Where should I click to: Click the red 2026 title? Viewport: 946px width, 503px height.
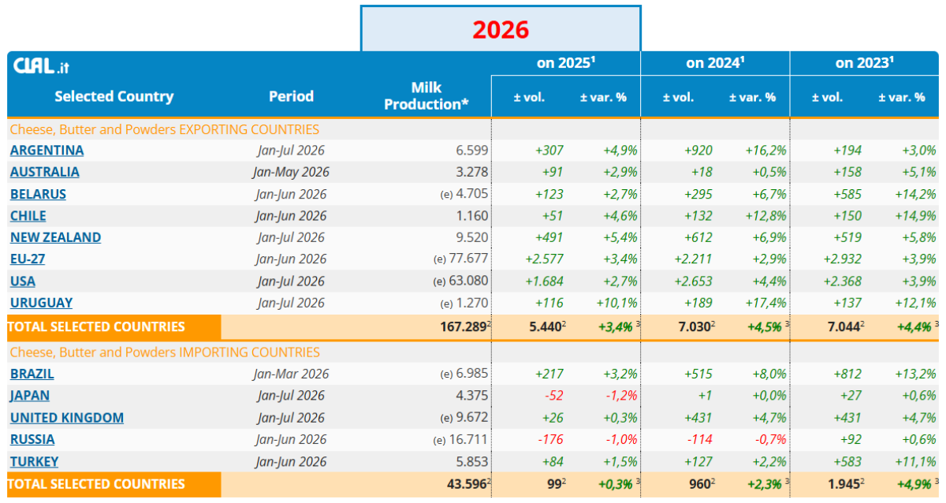click(501, 29)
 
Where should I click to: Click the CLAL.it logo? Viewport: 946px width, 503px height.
click(41, 66)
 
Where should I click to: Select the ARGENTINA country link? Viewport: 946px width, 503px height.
click(47, 151)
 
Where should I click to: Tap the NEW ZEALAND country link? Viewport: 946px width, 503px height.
click(55, 237)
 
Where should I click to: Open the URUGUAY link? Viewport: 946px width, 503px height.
click(41, 303)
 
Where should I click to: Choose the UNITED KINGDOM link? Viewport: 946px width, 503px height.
click(67, 418)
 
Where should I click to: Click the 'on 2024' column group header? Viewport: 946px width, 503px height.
click(715, 63)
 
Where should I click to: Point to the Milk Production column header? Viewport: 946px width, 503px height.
click(426, 96)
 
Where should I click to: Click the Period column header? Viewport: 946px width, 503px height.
click(292, 96)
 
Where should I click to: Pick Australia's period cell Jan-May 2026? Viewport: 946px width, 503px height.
click(291, 173)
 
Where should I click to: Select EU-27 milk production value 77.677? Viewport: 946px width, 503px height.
click(468, 259)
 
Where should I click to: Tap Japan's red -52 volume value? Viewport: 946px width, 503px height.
click(553, 396)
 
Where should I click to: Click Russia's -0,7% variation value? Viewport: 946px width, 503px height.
click(770, 440)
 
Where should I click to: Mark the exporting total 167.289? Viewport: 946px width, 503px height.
click(463, 327)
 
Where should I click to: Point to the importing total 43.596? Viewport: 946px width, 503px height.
click(467, 484)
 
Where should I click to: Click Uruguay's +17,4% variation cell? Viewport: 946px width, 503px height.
click(765, 303)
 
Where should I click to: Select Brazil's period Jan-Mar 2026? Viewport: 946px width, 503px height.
click(291, 374)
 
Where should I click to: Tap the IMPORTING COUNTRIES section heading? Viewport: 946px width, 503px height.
click(165, 352)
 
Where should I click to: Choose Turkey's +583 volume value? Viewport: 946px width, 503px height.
click(847, 462)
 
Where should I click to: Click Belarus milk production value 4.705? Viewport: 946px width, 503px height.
click(471, 194)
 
